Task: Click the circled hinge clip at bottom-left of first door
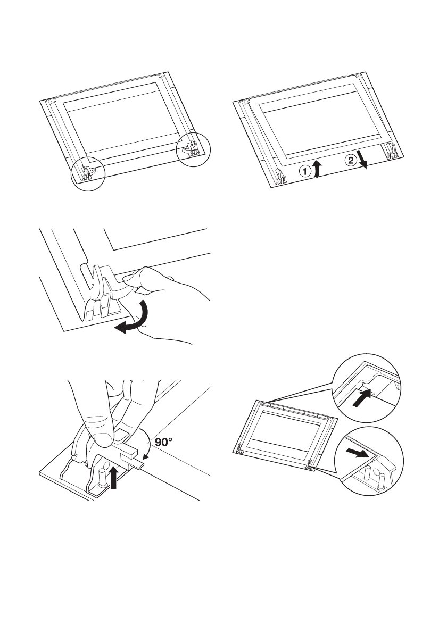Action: tap(88, 171)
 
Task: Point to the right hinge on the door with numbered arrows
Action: tap(392, 152)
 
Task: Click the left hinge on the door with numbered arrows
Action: tap(279, 178)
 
